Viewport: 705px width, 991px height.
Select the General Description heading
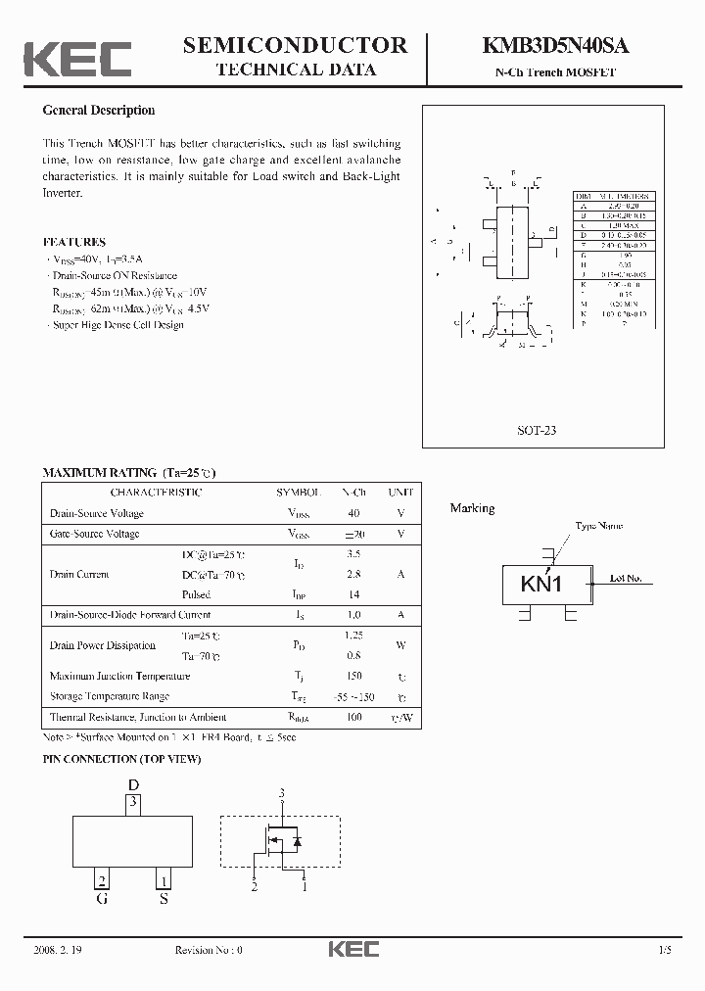pos(99,111)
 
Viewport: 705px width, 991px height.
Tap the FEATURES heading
pos(74,242)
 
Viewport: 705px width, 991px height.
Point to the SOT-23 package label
pos(537,430)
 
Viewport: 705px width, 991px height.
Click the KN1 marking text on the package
pos(541,585)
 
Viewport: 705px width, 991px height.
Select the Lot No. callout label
pos(626,579)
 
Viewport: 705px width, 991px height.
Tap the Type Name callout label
pos(598,527)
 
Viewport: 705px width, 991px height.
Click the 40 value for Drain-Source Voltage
pos(353,513)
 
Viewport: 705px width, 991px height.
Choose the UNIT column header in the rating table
pos(400,493)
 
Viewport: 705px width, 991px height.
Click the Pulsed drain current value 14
pos(353,594)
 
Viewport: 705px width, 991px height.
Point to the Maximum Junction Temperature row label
pos(119,676)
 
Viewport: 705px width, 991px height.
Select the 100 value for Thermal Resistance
pos(353,718)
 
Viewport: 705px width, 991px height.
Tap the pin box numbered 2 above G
pos(102,878)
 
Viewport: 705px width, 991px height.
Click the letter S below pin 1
pos(164,898)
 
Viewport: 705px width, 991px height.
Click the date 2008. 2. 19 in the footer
pos(60,950)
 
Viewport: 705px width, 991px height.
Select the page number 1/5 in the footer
pos(666,950)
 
